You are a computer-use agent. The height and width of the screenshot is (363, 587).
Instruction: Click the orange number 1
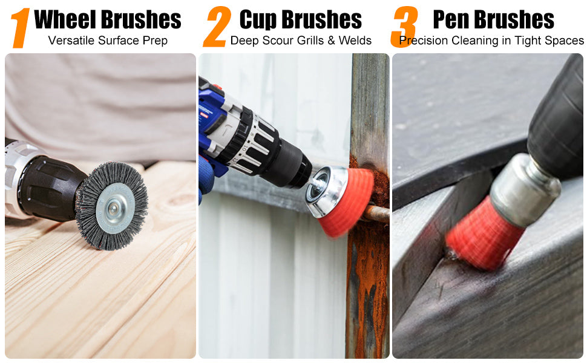(21, 28)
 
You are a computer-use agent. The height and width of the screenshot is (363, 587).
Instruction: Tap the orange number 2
(217, 27)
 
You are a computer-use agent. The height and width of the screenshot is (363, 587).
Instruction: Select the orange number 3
(404, 27)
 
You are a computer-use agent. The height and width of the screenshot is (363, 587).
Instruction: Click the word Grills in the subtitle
(308, 41)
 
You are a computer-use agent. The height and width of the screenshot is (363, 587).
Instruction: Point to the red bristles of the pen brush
(482, 234)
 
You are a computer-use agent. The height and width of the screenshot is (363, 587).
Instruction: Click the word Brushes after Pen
(514, 19)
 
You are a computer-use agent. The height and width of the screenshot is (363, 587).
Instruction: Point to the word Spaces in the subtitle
(565, 41)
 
